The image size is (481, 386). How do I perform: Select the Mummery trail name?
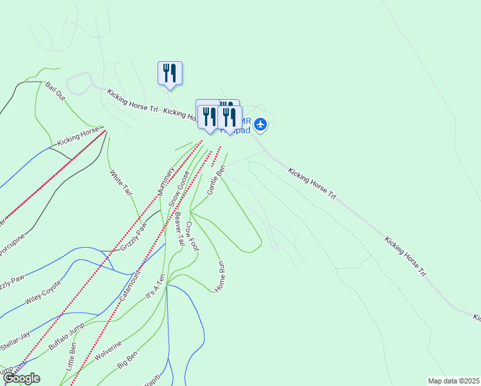(x=166, y=181)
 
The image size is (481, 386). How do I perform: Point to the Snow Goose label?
(x=179, y=188)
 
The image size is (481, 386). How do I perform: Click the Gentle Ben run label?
(x=216, y=180)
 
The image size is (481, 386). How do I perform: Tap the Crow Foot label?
(x=192, y=237)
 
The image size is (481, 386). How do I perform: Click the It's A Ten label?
(x=156, y=286)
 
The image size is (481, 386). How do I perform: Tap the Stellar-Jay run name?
(x=15, y=339)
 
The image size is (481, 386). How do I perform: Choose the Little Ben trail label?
(x=71, y=361)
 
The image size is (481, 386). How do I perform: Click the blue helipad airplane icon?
(x=260, y=124)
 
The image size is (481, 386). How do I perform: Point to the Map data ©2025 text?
(x=453, y=381)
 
